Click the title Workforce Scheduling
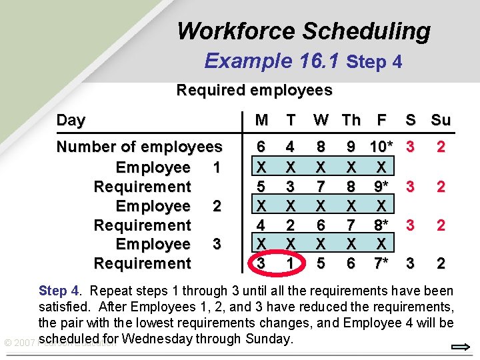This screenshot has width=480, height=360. click(x=303, y=31)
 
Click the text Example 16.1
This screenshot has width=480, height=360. click(x=273, y=61)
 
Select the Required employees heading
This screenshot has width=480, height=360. click(x=254, y=90)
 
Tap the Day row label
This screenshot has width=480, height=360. click(x=71, y=120)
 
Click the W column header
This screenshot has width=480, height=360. click(x=321, y=120)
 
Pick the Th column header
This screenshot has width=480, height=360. click(x=351, y=120)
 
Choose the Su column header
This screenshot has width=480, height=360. click(x=441, y=120)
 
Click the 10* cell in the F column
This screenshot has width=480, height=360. click(x=381, y=147)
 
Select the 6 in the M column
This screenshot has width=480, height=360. click(x=261, y=147)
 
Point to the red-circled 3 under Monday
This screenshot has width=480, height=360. click(x=261, y=263)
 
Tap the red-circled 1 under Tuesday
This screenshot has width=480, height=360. click(x=290, y=263)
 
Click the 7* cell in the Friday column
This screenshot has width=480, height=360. click(x=381, y=263)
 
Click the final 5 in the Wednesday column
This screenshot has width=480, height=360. click(x=321, y=263)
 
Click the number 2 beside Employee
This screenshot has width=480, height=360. click(x=216, y=205)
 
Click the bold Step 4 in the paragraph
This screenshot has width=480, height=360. click(x=59, y=291)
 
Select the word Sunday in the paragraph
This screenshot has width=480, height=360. click(x=268, y=339)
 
